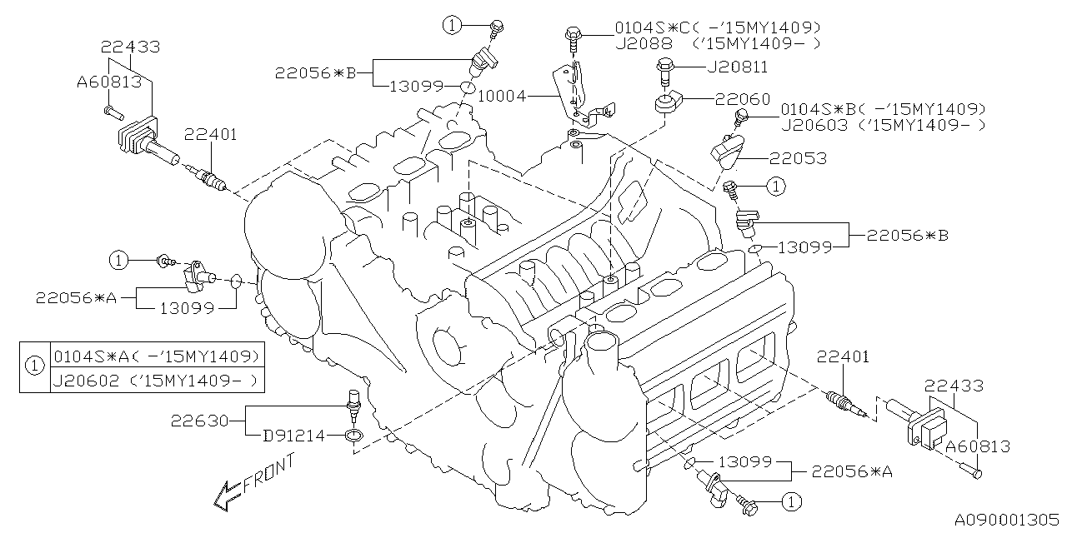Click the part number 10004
coord(503,96)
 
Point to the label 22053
coord(798,157)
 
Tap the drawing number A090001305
coord(1004,519)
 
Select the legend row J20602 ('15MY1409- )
coord(156,381)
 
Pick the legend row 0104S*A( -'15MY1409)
coord(156,356)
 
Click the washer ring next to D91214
coord(354,436)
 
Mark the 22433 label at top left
coord(131,47)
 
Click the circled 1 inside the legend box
coord(34,366)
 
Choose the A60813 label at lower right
coord(977,446)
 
